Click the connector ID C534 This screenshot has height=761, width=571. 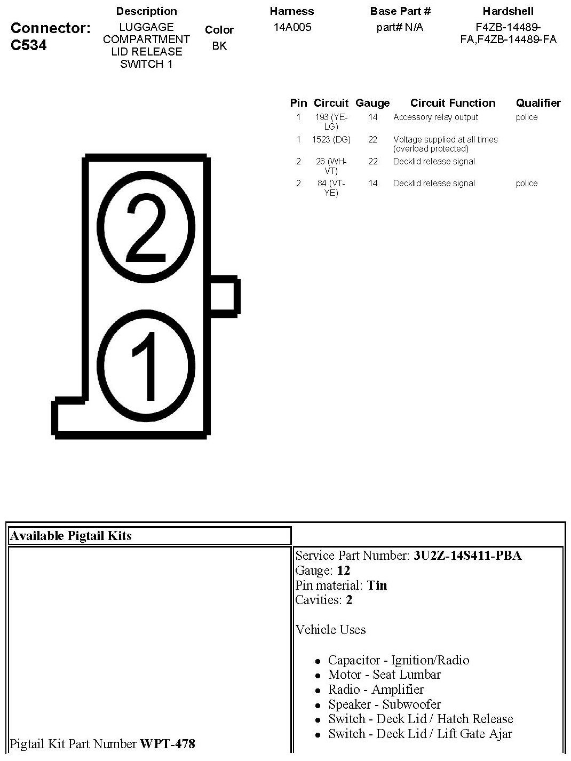[28, 45]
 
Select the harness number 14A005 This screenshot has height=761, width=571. [292, 27]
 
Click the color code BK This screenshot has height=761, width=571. [219, 46]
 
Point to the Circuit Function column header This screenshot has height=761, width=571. [453, 103]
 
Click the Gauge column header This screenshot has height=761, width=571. [372, 103]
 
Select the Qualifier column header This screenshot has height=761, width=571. [538, 103]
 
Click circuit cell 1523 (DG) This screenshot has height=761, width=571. [331, 139]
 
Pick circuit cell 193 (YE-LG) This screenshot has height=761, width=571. [331, 122]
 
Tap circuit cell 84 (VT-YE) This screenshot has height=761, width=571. [331, 188]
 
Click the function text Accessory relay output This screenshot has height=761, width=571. [435, 117]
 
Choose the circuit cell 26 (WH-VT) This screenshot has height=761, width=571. [331, 166]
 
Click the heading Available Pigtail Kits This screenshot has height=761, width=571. [70, 536]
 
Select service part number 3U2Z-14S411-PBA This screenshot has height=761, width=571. [467, 556]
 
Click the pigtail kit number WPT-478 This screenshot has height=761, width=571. [167, 743]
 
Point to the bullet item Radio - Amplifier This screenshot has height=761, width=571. [376, 689]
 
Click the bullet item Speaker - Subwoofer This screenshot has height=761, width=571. [384, 704]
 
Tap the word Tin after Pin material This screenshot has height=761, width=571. [377, 585]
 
